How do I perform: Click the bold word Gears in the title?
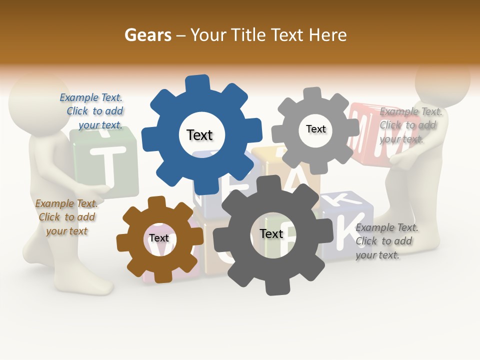[147, 35]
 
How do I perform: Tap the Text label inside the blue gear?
[199, 135]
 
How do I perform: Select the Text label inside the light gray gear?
[315, 129]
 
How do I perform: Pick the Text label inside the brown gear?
[158, 238]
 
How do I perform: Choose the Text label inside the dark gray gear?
[271, 233]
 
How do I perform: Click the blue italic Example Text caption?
[92, 111]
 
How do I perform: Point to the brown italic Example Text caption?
[66, 217]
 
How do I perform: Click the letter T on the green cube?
[104, 162]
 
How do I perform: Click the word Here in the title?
[327, 35]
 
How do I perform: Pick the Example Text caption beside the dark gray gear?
[386, 241]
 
